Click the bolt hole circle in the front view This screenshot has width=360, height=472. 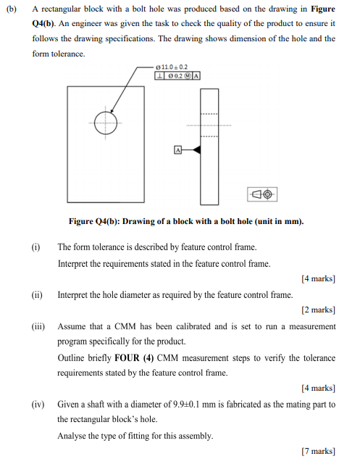point(106,122)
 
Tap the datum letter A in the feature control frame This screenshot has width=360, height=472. point(196,74)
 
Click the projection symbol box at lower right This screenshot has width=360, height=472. point(263,194)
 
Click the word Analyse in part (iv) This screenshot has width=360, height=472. point(71,436)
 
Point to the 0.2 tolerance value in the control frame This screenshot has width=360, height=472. point(177,74)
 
